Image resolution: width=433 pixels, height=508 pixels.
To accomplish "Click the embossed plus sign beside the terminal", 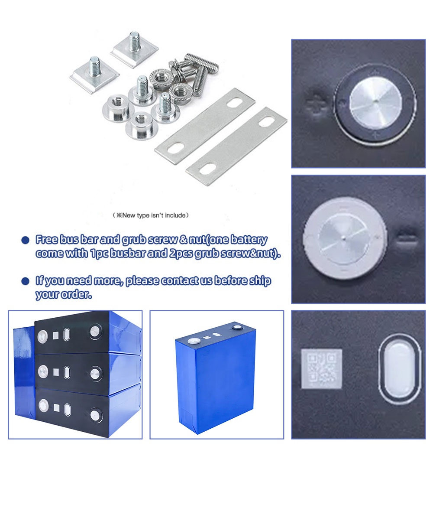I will [315, 104].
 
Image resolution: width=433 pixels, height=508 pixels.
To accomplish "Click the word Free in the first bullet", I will [45, 240].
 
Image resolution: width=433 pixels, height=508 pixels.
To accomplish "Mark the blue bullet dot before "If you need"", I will [26, 281].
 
